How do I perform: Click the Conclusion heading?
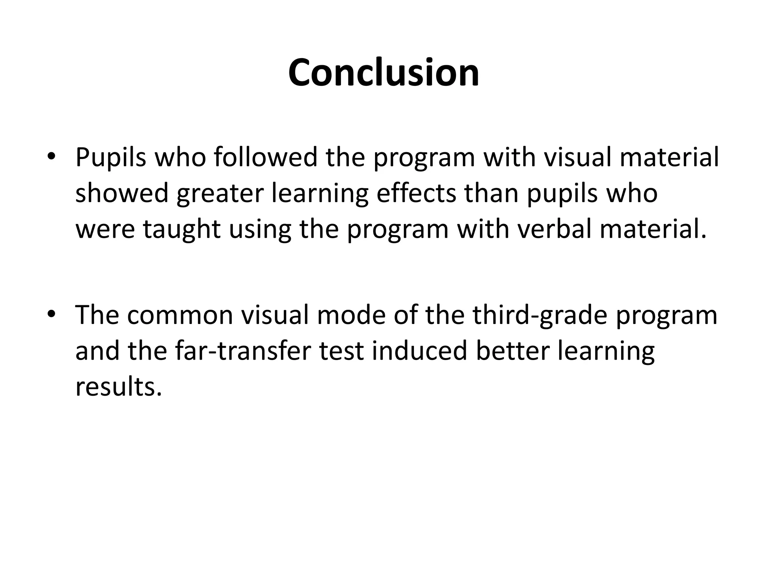click(384, 73)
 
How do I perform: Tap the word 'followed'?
click(265, 157)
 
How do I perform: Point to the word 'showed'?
click(121, 193)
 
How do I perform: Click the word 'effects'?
click(416, 193)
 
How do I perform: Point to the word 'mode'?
click(351, 315)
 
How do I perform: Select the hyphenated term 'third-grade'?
click(539, 315)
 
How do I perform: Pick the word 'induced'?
click(419, 351)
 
